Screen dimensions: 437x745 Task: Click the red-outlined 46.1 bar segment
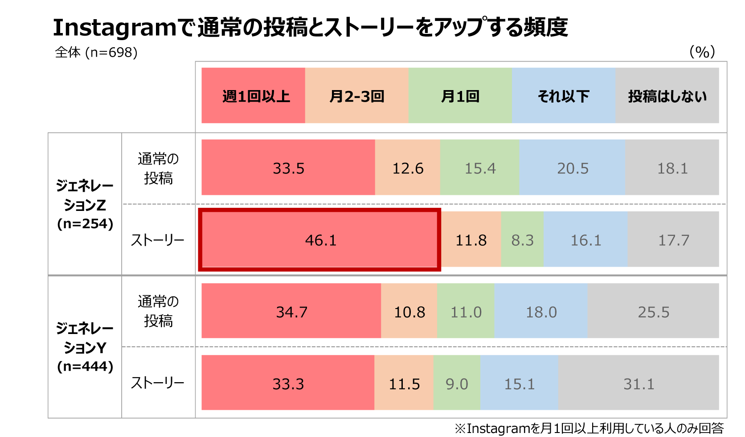319,240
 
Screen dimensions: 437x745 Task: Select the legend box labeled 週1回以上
253,95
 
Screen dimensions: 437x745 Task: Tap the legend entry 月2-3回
356,95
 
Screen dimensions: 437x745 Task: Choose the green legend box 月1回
460,95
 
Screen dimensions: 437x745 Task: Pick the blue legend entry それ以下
563,95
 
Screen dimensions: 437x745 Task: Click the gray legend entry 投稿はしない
667,95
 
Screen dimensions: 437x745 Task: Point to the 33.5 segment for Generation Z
288,168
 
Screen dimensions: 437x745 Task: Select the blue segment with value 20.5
573,168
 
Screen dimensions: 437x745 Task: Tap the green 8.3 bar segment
522,240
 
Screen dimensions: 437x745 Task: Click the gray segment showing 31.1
639,383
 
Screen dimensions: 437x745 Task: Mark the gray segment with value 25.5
653,311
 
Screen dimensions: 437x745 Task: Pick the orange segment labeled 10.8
409,311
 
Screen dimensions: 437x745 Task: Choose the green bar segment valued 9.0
457,383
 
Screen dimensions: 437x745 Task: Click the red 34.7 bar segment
291,311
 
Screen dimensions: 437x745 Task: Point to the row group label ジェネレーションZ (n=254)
85,204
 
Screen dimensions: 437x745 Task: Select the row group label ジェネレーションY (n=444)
85,347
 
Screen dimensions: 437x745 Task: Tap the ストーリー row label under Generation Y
158,383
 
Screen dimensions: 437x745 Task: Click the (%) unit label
702,52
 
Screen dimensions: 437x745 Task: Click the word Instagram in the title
115,28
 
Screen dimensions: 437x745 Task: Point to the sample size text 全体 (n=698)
96,52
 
